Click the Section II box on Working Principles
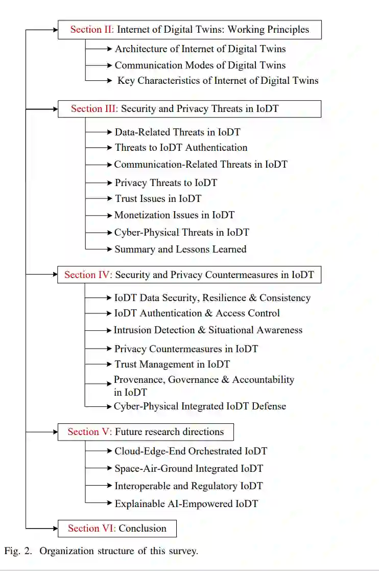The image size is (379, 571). tap(189, 30)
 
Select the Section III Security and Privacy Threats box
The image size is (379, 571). tap(189, 109)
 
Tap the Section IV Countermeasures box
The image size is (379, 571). tap(189, 275)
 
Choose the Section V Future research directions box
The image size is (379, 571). tap(146, 432)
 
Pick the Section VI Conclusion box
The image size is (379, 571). tap(117, 529)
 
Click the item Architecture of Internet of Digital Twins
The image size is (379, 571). tap(200, 49)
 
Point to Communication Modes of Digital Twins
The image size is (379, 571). tap(200, 65)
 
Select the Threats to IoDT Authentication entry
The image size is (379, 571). tap(181, 148)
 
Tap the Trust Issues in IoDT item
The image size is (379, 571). tap(158, 198)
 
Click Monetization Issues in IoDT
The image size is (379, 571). tap(174, 215)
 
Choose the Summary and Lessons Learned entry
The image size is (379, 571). tap(180, 249)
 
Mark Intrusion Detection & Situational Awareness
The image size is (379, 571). tap(208, 330)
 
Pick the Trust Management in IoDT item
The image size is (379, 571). tap(172, 364)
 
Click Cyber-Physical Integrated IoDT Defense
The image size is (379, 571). tap(200, 406)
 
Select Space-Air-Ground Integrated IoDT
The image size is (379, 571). tap(188, 469)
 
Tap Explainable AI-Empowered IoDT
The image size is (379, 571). tap(186, 504)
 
